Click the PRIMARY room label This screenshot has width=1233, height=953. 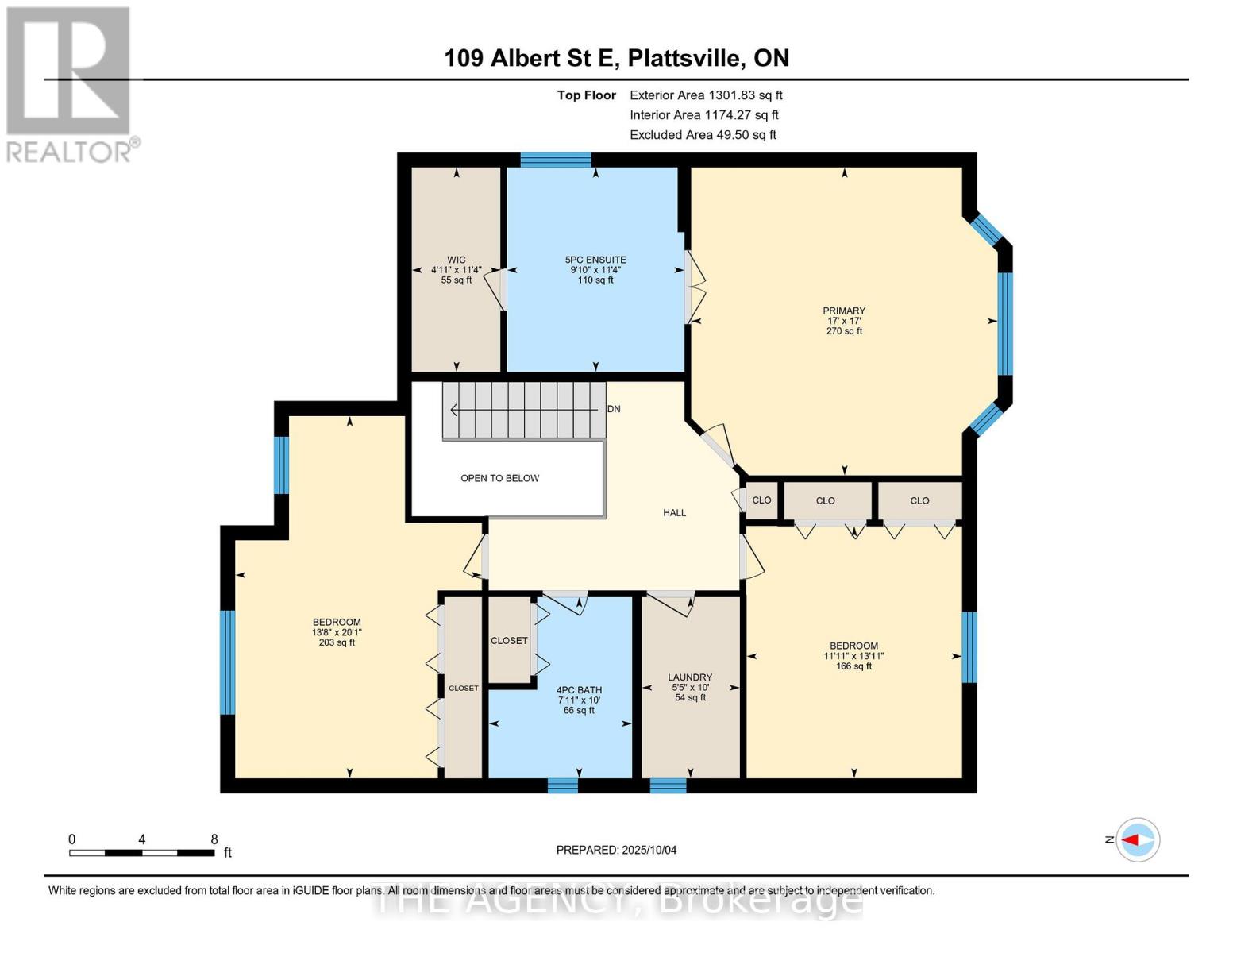point(844,311)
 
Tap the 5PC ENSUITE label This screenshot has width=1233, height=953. point(595,260)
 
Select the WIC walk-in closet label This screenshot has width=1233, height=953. point(456,260)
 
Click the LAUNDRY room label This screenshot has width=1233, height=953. point(690,677)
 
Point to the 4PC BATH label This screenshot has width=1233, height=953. point(579,690)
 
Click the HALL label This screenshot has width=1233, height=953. point(674,513)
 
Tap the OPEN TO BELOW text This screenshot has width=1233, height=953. point(499,478)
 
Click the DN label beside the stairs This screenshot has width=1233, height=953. point(614,409)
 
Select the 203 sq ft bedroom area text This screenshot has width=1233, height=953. point(337,642)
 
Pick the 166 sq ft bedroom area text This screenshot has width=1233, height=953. point(853,666)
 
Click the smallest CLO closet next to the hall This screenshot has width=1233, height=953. point(761,500)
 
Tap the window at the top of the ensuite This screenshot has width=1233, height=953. point(556,160)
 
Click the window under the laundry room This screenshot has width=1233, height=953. point(668,785)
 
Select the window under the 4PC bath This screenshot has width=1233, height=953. point(563,785)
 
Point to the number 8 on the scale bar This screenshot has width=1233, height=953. point(214,839)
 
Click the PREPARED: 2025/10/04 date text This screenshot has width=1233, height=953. point(616,850)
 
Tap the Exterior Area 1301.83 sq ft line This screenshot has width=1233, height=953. point(706,95)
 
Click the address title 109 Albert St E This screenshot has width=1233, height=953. point(616,58)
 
